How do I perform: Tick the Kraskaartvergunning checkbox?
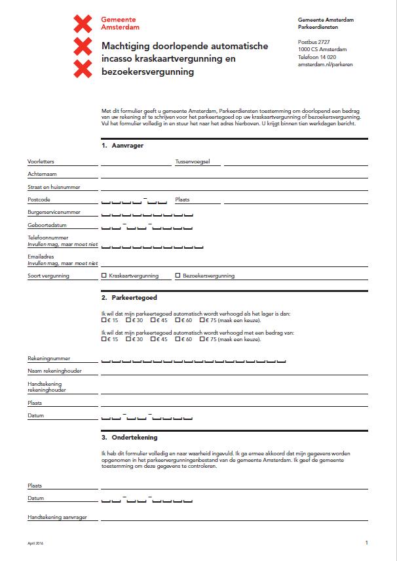click(x=104, y=276)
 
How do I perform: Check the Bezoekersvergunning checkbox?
click(x=178, y=276)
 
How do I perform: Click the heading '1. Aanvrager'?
click(x=123, y=146)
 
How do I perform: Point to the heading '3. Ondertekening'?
click(x=130, y=437)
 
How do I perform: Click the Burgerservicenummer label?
click(x=54, y=213)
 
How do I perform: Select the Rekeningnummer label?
click(x=49, y=358)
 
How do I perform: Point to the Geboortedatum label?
click(x=47, y=225)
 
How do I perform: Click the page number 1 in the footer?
click(x=367, y=543)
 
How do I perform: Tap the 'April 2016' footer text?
click(x=35, y=544)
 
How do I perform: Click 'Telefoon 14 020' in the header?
click(x=316, y=57)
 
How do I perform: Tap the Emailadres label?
click(x=41, y=257)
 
